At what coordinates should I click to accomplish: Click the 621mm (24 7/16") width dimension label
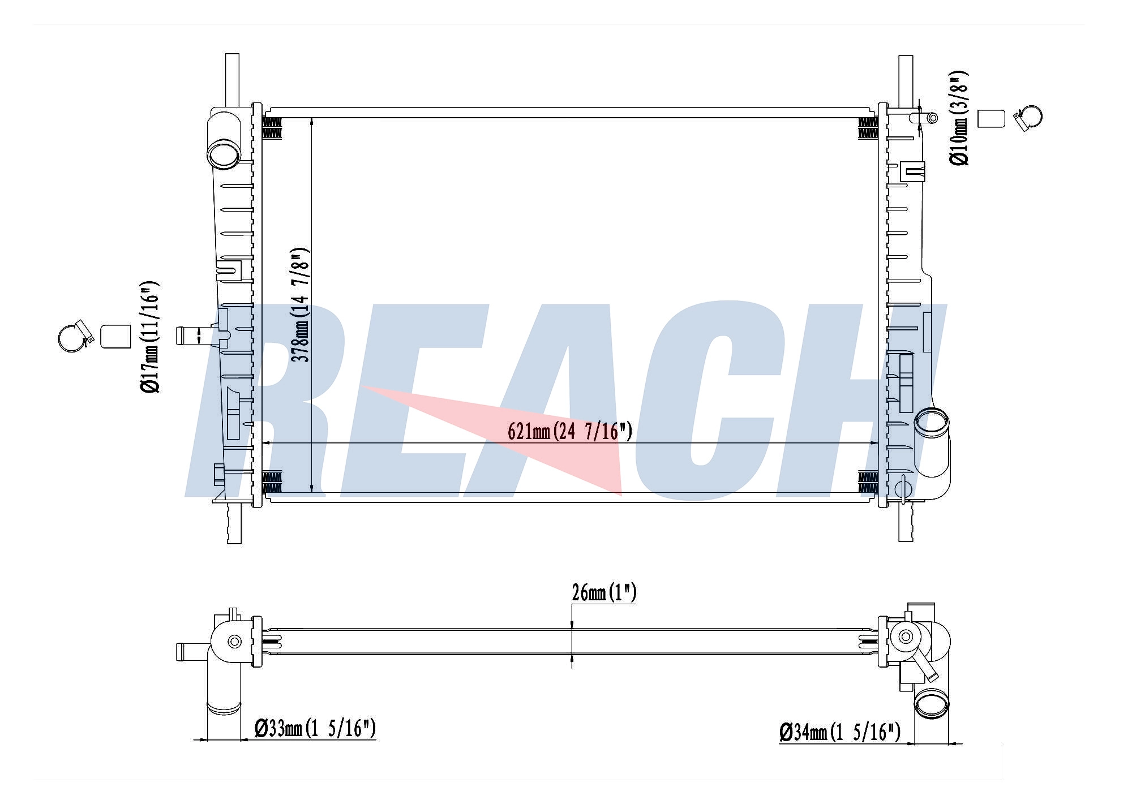(x=569, y=432)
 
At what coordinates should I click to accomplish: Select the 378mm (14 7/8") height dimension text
(x=299, y=305)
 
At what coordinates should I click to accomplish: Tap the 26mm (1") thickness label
(x=604, y=593)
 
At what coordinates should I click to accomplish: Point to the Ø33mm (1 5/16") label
(x=315, y=728)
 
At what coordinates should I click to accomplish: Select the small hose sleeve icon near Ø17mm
(x=115, y=336)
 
